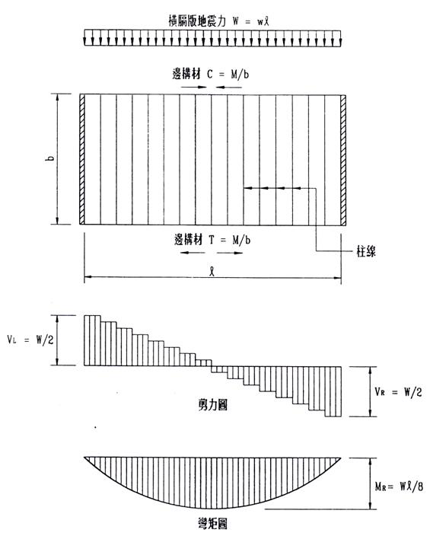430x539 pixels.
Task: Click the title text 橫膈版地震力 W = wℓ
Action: point(218,21)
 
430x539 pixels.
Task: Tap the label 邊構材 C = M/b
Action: point(211,74)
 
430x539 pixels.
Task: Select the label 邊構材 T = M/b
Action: point(212,239)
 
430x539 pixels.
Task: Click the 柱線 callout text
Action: point(366,252)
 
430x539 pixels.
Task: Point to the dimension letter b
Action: point(50,158)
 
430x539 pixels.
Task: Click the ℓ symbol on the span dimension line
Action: point(213,272)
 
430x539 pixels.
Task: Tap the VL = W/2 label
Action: point(30,340)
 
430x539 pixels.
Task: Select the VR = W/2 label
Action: point(398,391)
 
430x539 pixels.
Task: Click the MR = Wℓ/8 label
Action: point(399,486)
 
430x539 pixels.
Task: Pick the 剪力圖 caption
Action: point(213,405)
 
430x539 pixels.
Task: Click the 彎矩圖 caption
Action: point(212,525)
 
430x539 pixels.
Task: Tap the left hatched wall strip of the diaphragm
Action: point(82,159)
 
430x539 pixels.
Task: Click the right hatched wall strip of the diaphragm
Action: point(343,160)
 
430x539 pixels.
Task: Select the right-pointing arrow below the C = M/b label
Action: point(194,87)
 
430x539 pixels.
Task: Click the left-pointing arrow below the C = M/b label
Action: point(229,87)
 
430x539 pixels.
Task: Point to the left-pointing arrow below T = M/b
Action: point(193,253)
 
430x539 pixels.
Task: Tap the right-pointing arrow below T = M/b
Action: point(230,253)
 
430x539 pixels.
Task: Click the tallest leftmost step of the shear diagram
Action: point(92,340)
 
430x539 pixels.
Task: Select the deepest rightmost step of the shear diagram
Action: point(333,392)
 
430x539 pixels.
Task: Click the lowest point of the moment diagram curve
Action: point(213,508)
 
